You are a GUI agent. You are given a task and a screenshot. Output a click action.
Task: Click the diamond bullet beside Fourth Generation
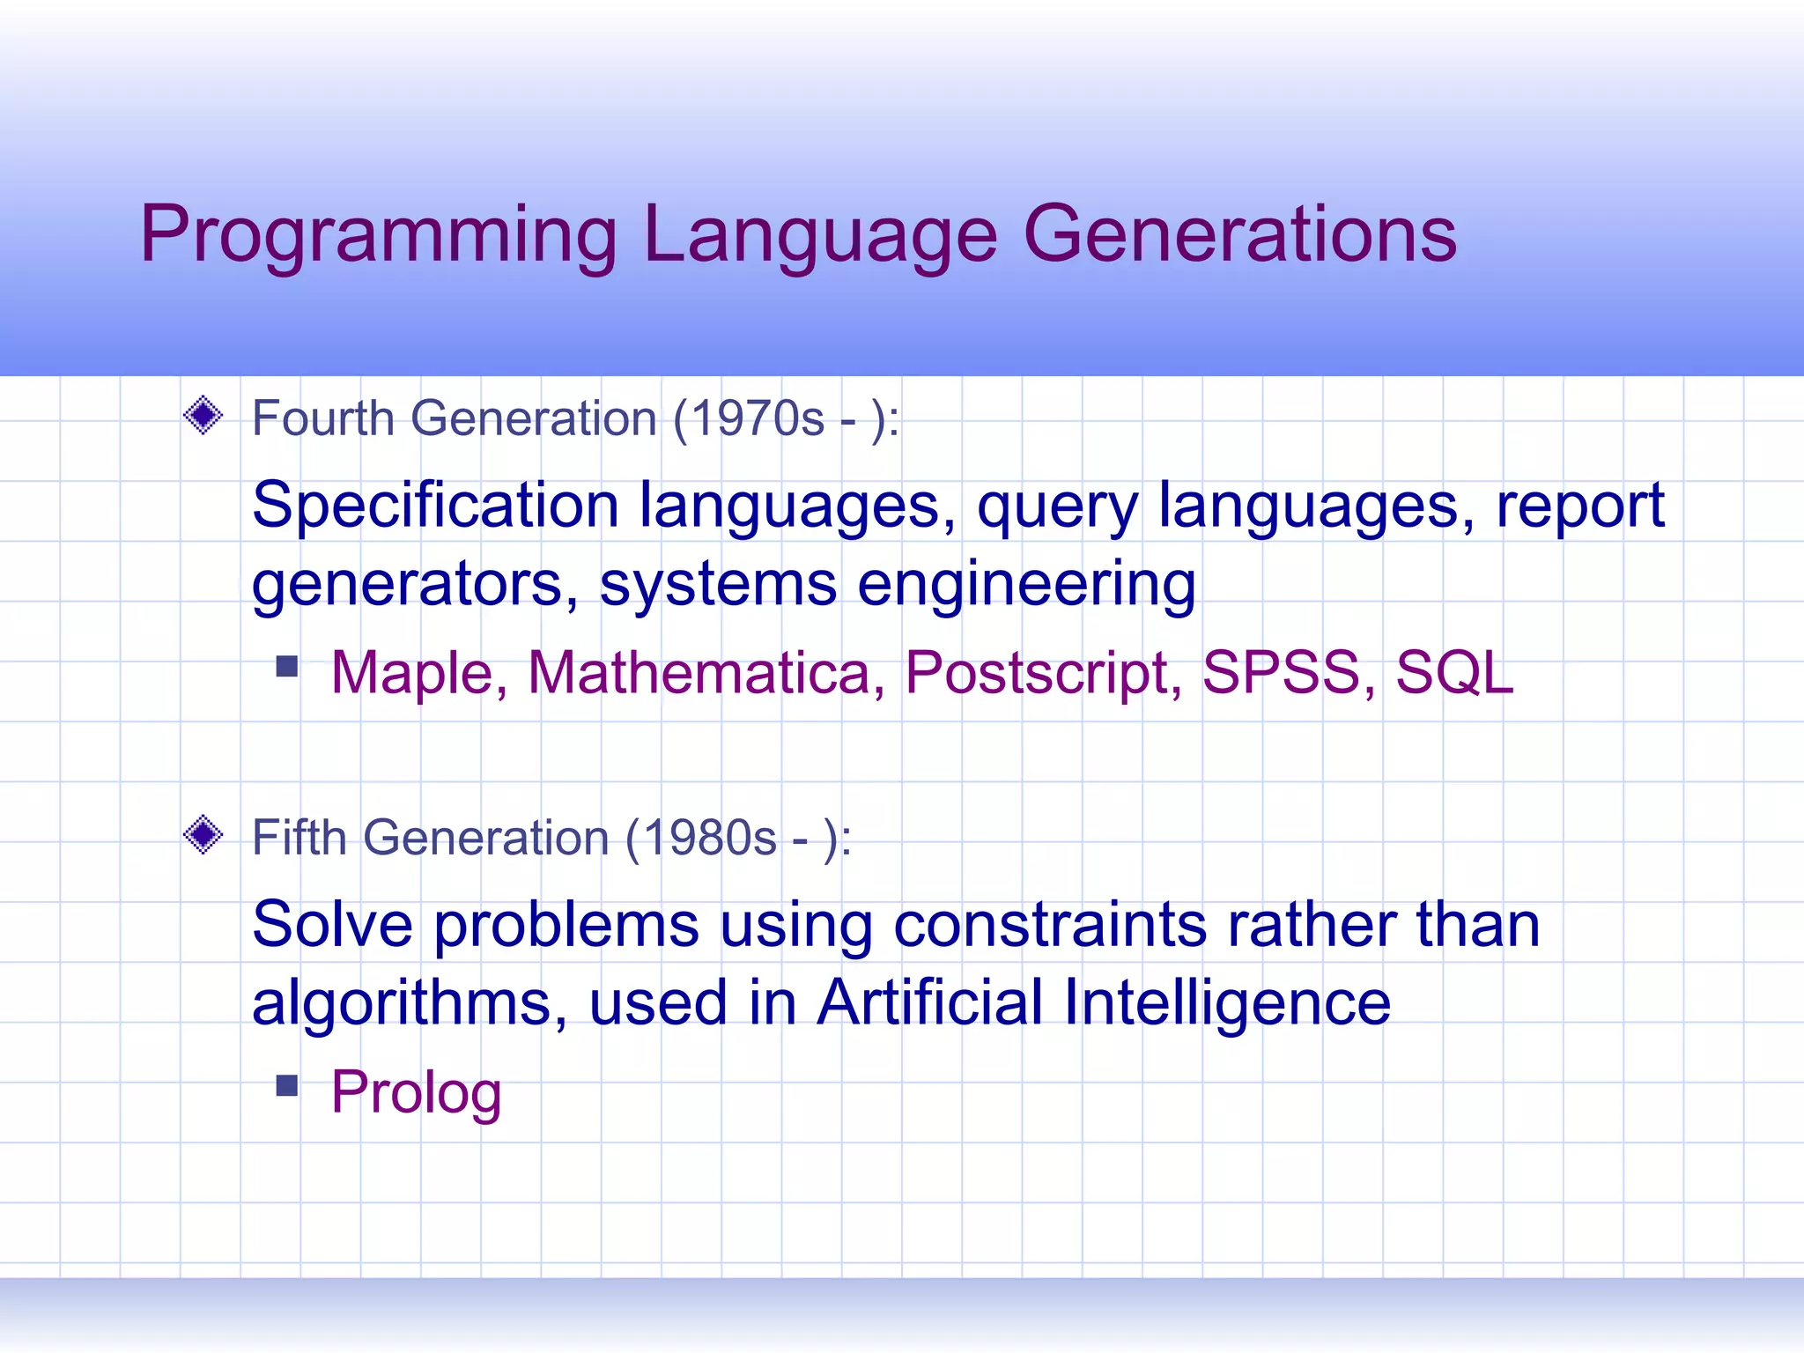203,415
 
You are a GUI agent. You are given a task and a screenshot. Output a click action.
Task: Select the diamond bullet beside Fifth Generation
203,834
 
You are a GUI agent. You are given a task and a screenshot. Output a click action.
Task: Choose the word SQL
1454,673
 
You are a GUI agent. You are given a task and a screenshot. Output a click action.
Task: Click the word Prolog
416,1092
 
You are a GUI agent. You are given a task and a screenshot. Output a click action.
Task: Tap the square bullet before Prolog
287,1085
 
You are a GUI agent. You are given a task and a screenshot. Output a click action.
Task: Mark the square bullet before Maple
287,666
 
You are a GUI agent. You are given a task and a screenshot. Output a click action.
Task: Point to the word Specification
435,506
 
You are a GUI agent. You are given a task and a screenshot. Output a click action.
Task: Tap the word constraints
1050,925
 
